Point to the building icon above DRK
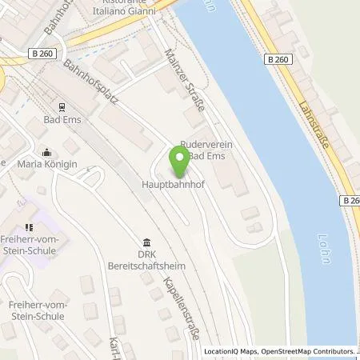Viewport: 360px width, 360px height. (146, 242)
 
